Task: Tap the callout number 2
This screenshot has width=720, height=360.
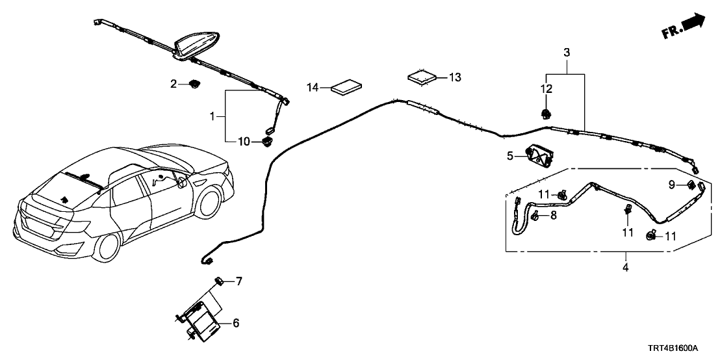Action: click(174, 83)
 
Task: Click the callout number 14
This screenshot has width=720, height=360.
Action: click(313, 87)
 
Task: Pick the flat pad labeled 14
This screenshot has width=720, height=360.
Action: click(347, 86)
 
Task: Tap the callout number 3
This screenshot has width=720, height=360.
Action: click(567, 51)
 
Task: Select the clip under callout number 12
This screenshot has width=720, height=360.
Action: click(546, 115)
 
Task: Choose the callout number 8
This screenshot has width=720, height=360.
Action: click(554, 215)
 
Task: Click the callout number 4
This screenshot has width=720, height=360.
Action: click(626, 267)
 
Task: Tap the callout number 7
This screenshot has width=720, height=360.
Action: click(238, 281)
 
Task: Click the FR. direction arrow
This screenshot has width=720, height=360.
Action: click(685, 26)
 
